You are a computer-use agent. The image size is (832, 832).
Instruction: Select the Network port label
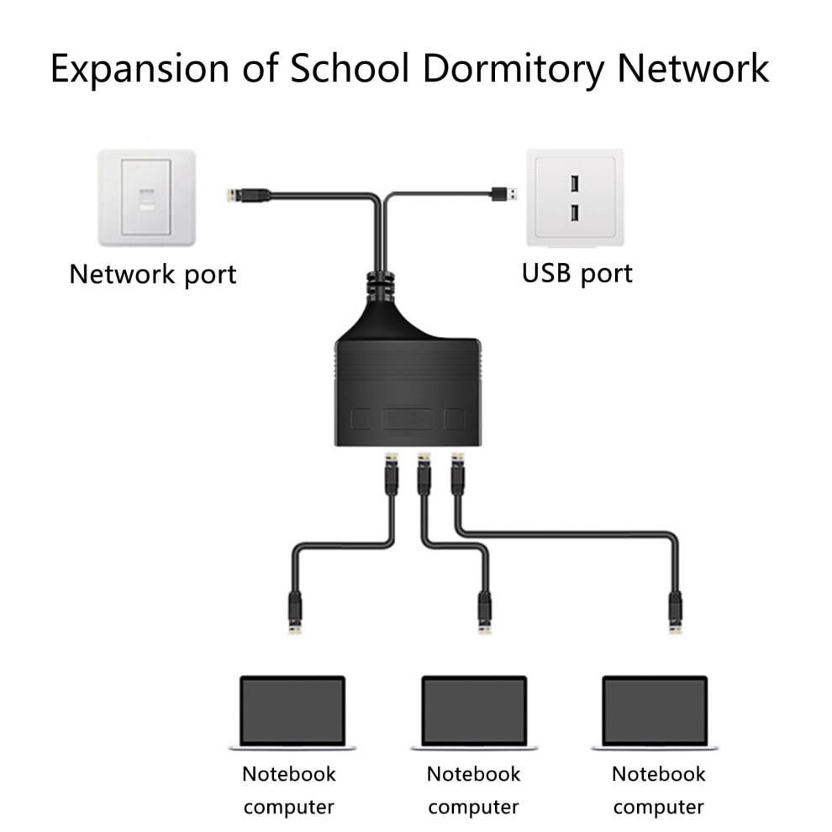coord(153,274)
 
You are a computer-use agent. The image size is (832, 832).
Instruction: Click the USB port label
coord(577,274)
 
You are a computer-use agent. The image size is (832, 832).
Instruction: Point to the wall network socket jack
coord(147,199)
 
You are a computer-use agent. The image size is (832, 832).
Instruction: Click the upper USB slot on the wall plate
coord(575,184)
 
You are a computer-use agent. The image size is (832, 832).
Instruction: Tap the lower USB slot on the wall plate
coord(575,213)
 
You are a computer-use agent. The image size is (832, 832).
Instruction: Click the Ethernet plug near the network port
coord(248,195)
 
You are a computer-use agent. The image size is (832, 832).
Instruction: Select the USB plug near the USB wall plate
coord(504,193)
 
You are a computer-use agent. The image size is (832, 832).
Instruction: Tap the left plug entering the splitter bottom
coord(392,473)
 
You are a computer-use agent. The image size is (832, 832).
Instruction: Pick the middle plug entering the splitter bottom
coord(424,473)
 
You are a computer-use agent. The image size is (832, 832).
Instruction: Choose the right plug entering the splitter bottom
coord(457,473)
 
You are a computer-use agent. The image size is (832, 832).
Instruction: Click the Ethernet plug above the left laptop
coord(295,613)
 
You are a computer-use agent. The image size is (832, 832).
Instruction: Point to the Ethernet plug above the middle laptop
coord(484,613)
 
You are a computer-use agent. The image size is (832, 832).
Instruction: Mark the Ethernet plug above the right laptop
coord(675,613)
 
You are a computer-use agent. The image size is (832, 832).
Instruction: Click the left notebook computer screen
coord(292,711)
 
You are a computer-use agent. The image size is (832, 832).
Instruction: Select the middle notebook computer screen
coord(474,711)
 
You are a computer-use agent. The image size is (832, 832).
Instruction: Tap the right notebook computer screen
coord(656,711)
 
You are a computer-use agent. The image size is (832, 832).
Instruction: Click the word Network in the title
coord(693,68)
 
